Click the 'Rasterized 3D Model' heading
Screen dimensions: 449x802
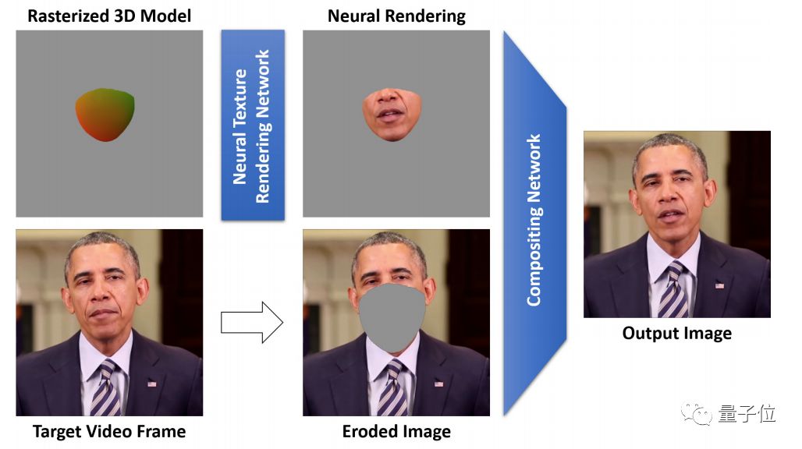click(x=109, y=16)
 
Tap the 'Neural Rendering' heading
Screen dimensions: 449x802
click(x=396, y=16)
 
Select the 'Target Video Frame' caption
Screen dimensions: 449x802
click(x=109, y=431)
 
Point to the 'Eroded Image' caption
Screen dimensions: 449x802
click(x=396, y=431)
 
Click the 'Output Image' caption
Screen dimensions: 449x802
click(x=676, y=334)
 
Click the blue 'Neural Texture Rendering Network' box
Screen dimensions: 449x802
click(x=252, y=125)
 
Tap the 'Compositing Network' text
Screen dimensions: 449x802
click(x=534, y=220)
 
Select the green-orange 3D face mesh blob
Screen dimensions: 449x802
click(x=105, y=114)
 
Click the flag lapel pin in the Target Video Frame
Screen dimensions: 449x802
click(x=152, y=383)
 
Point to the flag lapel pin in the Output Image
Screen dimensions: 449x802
click(x=719, y=285)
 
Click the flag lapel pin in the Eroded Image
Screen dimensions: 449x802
click(x=439, y=383)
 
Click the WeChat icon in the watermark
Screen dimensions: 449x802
click(x=696, y=414)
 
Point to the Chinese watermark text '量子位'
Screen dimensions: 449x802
click(x=747, y=414)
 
